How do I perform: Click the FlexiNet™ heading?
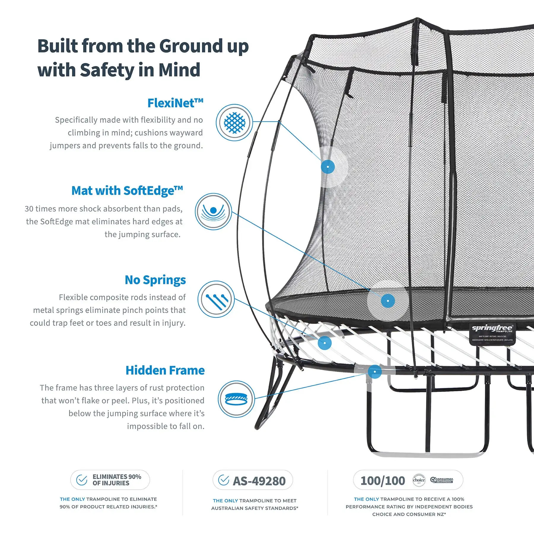pyautogui.click(x=175, y=103)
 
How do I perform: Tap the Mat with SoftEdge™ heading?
pyautogui.click(x=127, y=191)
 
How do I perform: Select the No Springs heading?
pyautogui.click(x=155, y=280)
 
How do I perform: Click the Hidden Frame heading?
pyautogui.click(x=165, y=371)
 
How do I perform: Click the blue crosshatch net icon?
pyautogui.click(x=234, y=123)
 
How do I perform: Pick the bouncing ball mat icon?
pyautogui.click(x=213, y=212)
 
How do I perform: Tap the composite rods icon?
pyautogui.click(x=216, y=299)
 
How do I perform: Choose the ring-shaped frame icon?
pyautogui.click(x=236, y=399)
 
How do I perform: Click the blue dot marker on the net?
pyautogui.click(x=328, y=167)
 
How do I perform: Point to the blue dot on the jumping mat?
pyautogui.click(x=388, y=301)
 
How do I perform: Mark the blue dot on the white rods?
pyautogui.click(x=325, y=343)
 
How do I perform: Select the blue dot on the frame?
pyautogui.click(x=375, y=372)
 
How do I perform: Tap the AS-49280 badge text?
pyautogui.click(x=259, y=481)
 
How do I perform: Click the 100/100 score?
pyautogui.click(x=383, y=481)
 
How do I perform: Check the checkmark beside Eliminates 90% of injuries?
pyautogui.click(x=82, y=480)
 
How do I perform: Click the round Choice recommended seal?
pyautogui.click(x=419, y=480)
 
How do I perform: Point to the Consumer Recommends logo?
pyautogui.click(x=442, y=480)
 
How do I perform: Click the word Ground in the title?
pyautogui.click(x=190, y=46)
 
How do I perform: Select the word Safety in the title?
pyautogui.click(x=107, y=70)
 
